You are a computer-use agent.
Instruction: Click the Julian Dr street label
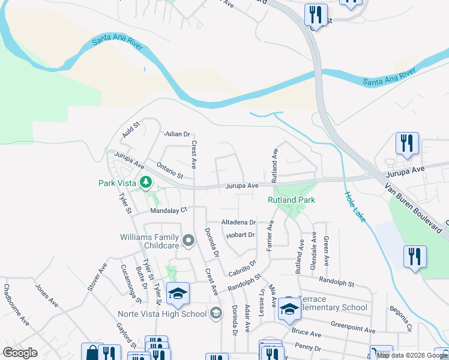coord(177,134)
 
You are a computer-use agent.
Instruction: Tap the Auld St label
coord(131,130)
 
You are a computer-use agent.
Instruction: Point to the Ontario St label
coord(169,170)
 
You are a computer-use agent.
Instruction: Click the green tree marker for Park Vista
coord(145,181)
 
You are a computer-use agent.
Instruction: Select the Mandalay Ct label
coord(169,211)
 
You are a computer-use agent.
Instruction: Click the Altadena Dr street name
coord(239,221)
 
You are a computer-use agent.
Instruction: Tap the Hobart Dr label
coord(240,235)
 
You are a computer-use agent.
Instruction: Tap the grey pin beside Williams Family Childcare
coord(188,241)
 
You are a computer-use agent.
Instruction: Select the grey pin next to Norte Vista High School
coord(216,313)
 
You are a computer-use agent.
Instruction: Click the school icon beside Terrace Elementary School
coord(289,309)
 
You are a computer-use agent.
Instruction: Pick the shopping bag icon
coord(92,353)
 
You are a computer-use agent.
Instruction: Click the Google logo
coord(20,353)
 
